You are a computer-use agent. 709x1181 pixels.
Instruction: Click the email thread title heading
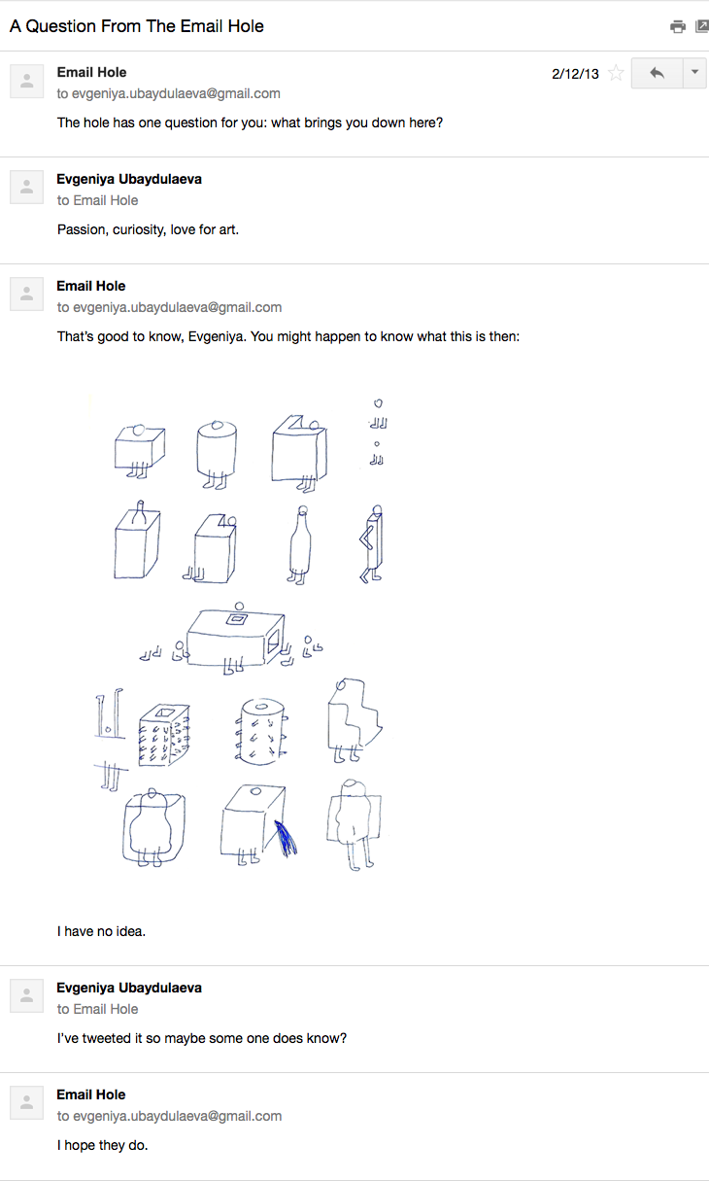coord(136,26)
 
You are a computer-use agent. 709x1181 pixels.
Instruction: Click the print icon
coord(678,26)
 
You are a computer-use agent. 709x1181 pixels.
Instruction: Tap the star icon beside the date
coord(615,73)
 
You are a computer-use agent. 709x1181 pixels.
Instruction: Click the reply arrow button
coord(657,73)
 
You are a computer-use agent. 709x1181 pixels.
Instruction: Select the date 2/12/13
coord(575,74)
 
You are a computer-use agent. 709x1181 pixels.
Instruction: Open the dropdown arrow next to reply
coord(694,72)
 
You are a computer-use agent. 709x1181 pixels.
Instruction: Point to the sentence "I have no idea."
coord(101,931)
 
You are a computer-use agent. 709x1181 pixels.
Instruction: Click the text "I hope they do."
coord(102,1145)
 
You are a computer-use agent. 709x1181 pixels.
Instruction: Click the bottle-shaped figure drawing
coord(300,545)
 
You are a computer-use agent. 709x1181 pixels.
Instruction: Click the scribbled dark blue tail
coord(286,838)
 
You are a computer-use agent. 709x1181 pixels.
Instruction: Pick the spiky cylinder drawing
coord(261,731)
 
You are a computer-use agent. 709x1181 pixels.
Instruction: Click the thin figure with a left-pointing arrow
coord(372,544)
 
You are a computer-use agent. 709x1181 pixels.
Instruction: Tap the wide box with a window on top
coord(236,638)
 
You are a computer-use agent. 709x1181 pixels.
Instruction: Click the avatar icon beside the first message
coord(27,82)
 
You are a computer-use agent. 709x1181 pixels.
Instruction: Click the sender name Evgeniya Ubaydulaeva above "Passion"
coord(129,179)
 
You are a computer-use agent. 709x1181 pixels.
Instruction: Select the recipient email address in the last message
coord(177,1116)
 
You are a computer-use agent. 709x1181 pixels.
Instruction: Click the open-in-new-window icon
coord(701,26)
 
